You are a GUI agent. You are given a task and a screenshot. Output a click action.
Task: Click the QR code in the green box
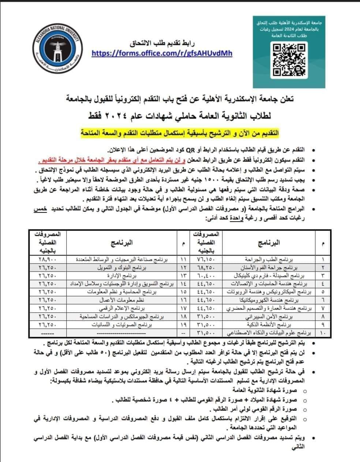pos(289,60)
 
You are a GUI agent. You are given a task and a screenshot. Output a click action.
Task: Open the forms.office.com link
pos(162,53)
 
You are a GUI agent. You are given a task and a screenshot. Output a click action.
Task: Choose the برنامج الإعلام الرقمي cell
pos(131,308)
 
